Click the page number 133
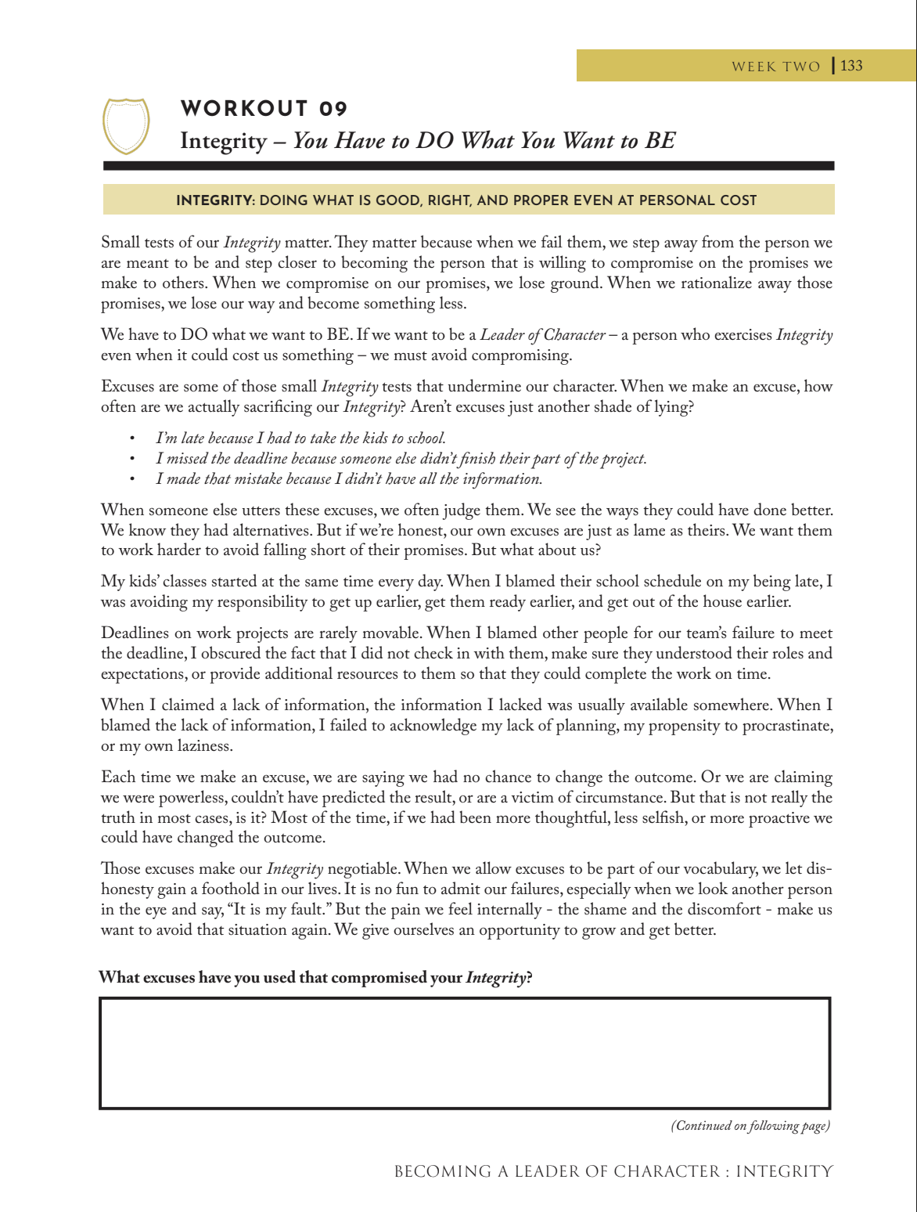[x=851, y=66]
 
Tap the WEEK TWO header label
[x=775, y=67]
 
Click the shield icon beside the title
[x=126, y=125]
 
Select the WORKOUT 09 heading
[x=264, y=108]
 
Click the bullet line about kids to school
[x=300, y=438]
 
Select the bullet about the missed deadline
[x=401, y=458]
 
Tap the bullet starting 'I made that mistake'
[x=348, y=478]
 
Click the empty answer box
[x=465, y=1053]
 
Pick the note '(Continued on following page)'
[x=750, y=1126]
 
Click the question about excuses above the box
[x=315, y=977]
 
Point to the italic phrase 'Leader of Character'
[x=542, y=335]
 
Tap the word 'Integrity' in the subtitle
[x=223, y=141]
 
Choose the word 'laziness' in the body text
[x=205, y=746]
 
